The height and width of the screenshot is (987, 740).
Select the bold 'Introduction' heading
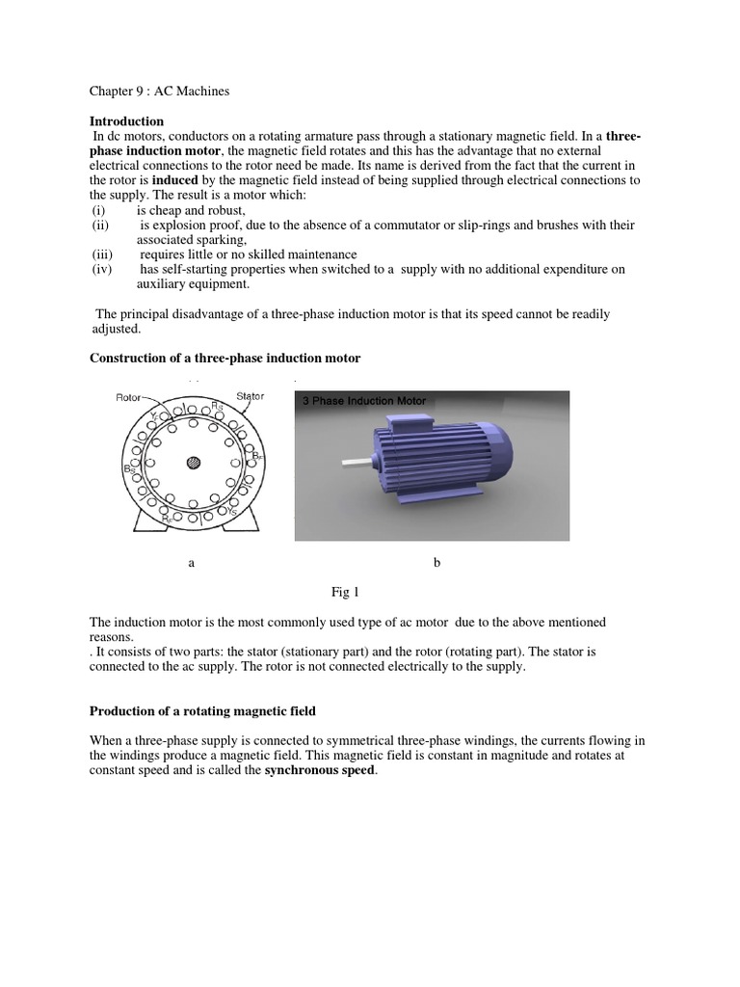[126, 121]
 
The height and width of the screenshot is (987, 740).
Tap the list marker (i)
[98, 210]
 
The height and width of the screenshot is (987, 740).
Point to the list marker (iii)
[102, 254]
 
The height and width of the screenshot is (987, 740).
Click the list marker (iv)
[102, 270]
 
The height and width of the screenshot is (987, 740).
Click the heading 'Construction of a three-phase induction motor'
[225, 358]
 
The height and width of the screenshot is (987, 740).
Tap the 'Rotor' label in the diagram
[129, 396]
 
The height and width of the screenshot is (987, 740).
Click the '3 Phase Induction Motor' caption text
[364, 400]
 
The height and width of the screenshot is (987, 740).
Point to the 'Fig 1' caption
[345, 591]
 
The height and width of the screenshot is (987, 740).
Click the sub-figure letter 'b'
[436, 562]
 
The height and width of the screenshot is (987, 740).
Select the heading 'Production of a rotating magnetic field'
[202, 711]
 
